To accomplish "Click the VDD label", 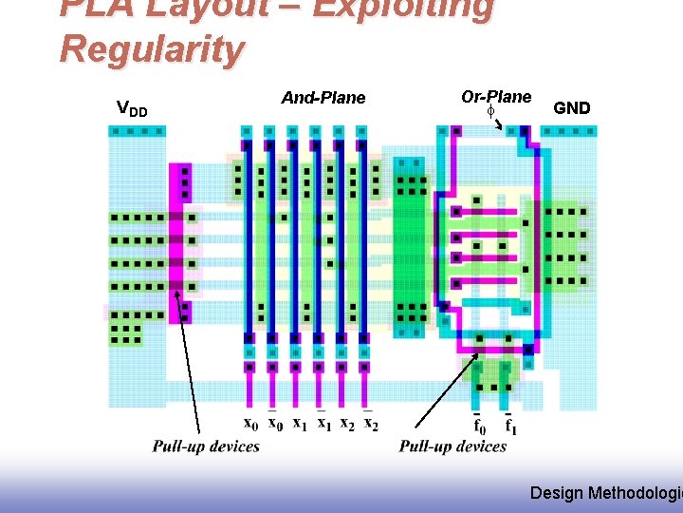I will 131,108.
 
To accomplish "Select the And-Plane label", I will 323,98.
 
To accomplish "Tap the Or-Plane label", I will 496,97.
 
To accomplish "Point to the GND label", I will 571,108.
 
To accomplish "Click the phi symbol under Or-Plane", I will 491,112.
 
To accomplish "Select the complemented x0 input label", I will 274,424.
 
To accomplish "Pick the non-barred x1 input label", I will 299,424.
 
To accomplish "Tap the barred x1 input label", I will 323,424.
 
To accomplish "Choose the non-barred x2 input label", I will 347,424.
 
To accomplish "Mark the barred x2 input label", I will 371,424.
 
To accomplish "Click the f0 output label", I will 480,425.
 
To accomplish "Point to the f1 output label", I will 510,425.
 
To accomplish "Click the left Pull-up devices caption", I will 206,446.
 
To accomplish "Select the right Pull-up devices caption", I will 452,446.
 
